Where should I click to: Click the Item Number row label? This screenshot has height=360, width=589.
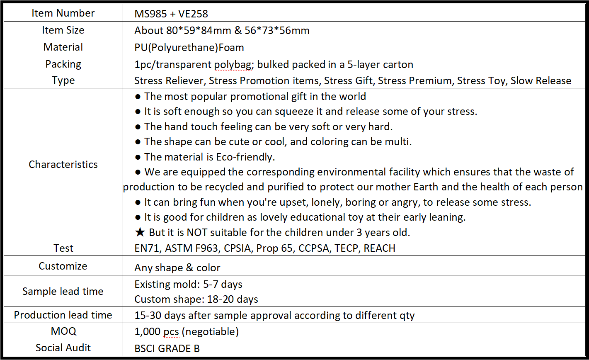click(x=63, y=13)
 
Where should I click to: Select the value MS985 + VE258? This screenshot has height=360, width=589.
click(x=171, y=14)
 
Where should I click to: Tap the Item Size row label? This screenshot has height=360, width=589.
click(x=63, y=30)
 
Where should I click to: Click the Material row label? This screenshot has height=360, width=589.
click(x=63, y=47)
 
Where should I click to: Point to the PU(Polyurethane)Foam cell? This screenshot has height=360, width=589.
click(x=189, y=47)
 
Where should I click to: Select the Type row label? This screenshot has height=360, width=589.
click(x=63, y=80)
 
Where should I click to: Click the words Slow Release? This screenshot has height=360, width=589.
click(x=541, y=80)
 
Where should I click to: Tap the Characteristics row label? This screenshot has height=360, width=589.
click(x=63, y=164)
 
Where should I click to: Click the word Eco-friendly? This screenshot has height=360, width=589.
click(x=245, y=157)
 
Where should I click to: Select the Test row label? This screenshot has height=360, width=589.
click(x=63, y=248)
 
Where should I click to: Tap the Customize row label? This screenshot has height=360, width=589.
click(x=63, y=266)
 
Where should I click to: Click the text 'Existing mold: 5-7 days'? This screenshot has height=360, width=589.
click(x=188, y=284)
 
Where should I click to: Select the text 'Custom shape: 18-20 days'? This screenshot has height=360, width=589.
click(x=196, y=299)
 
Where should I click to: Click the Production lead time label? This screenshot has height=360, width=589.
click(x=63, y=315)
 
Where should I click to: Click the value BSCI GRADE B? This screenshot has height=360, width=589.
click(x=167, y=348)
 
